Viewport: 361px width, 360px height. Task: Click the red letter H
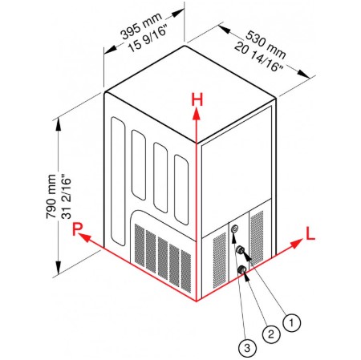click(197, 99)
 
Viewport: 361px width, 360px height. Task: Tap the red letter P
click(78, 229)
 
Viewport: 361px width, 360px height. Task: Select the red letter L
click(310, 233)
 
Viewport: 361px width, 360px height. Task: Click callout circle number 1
click(291, 322)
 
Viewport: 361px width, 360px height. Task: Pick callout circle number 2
click(271, 334)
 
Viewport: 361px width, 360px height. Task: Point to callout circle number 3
click(247, 348)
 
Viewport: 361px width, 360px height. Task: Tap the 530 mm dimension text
click(266, 44)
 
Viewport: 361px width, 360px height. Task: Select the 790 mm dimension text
click(51, 196)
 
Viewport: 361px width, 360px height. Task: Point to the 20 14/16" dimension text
click(258, 56)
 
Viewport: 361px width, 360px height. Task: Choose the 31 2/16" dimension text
click(66, 196)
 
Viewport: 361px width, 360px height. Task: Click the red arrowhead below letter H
click(197, 114)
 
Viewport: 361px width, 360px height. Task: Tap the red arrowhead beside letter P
click(85, 237)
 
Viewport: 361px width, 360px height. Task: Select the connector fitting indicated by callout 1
click(240, 250)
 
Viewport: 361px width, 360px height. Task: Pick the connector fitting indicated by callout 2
click(242, 269)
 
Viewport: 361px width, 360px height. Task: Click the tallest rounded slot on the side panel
click(118, 181)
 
